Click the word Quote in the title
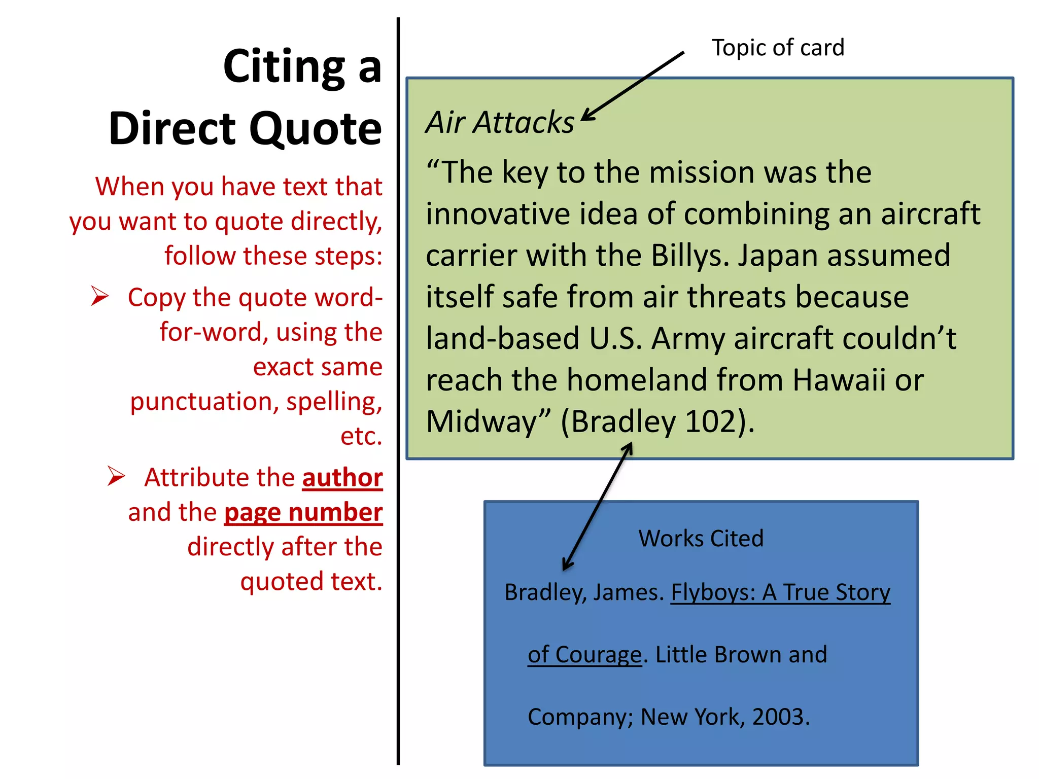pos(315,129)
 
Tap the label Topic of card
pos(778,48)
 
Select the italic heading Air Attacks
pos(500,123)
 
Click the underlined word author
pos(342,478)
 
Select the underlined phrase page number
pos(303,512)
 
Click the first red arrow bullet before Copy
pos(100,296)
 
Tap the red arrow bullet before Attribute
pos(116,476)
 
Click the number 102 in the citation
pos(710,421)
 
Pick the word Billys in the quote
pos(689,255)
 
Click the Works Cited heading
pos(701,538)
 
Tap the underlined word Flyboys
pos(713,592)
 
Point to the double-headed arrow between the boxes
pos(598,507)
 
